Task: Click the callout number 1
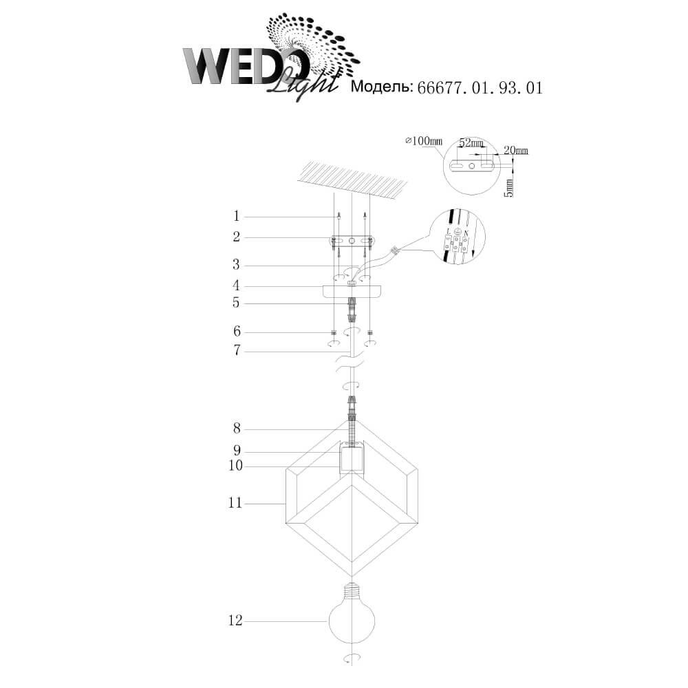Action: click(x=237, y=216)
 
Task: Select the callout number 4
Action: click(x=237, y=286)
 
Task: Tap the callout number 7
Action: click(x=237, y=351)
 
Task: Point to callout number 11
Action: click(x=235, y=503)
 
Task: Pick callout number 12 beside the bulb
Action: click(x=235, y=621)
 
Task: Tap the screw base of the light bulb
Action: click(x=352, y=590)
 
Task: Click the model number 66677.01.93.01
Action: click(x=480, y=88)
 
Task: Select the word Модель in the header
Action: click(x=382, y=87)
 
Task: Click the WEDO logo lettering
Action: click(x=244, y=66)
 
